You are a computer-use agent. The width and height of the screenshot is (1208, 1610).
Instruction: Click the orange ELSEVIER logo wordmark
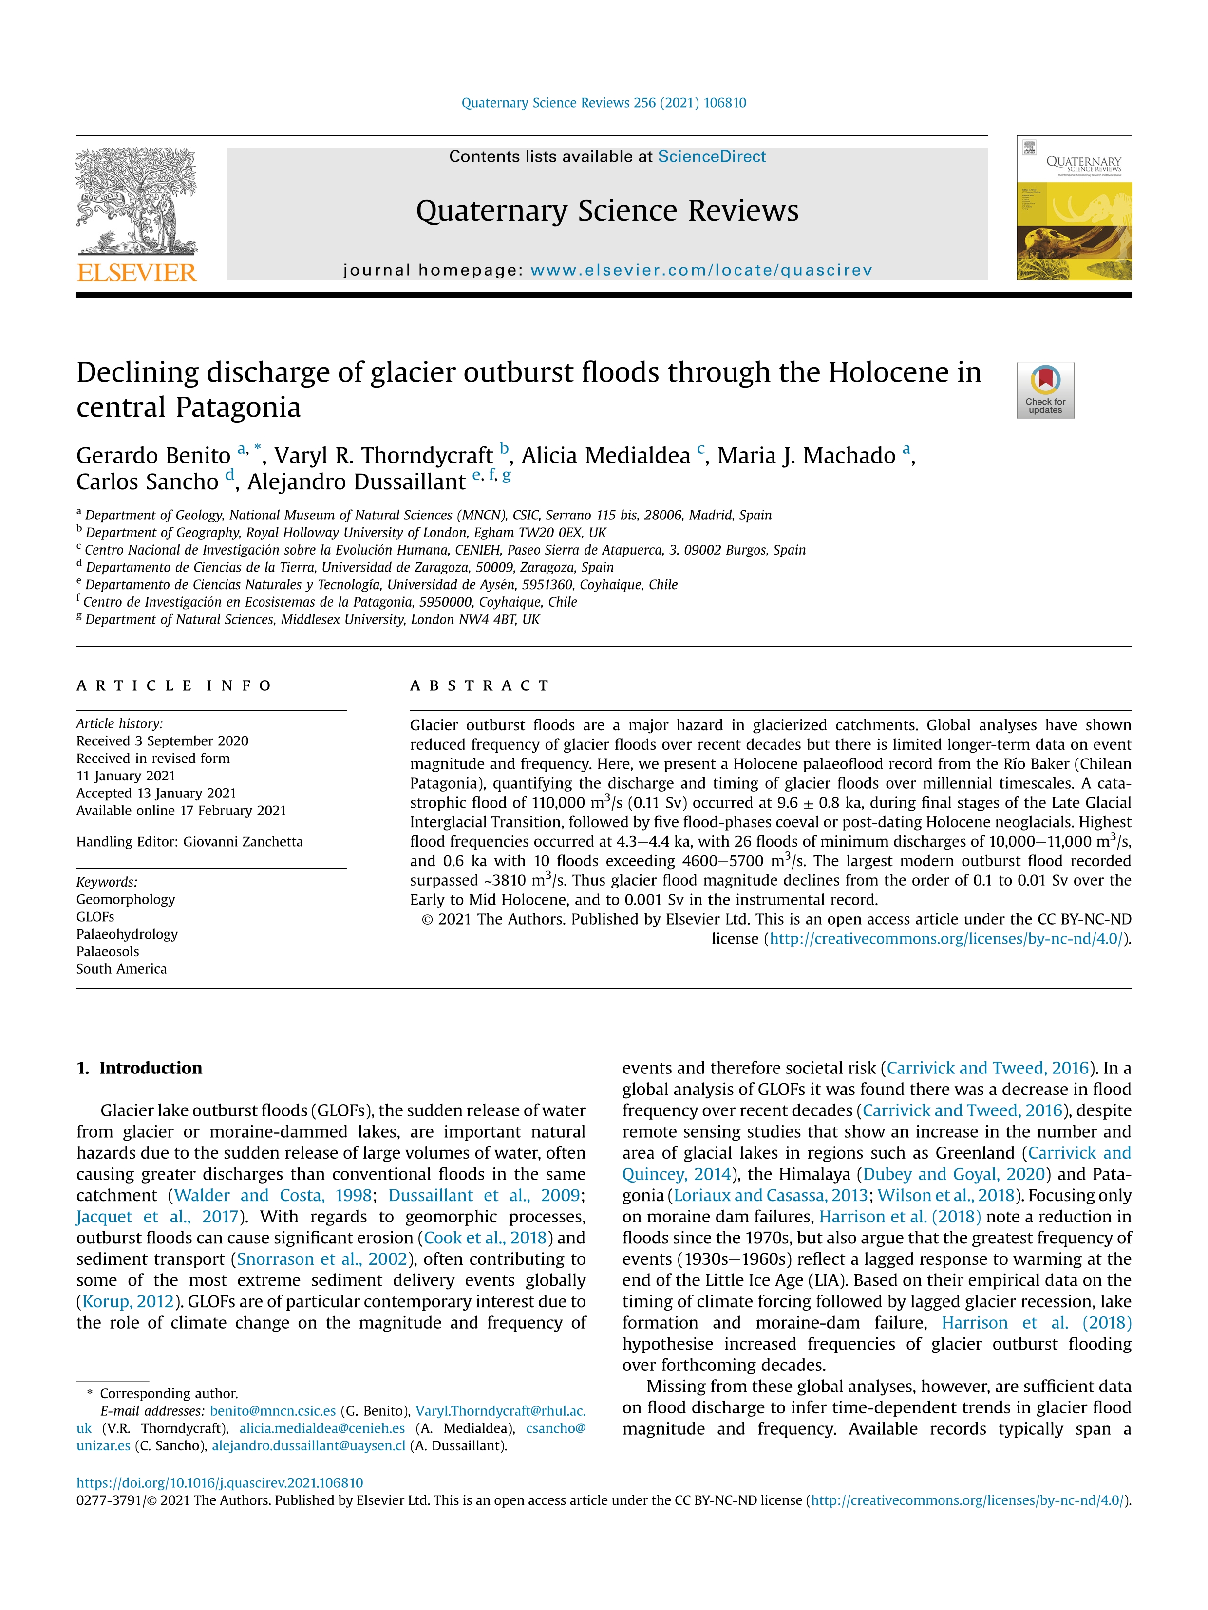point(136,273)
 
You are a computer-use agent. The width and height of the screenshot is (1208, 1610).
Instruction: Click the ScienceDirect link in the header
point(711,156)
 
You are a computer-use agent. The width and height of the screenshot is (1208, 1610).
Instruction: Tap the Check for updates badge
point(1045,390)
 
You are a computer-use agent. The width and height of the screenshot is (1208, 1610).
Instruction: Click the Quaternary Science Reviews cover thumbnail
point(1074,208)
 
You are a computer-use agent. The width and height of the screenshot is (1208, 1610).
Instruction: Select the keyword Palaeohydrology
point(127,934)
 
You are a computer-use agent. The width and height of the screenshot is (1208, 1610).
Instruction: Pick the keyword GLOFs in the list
point(95,916)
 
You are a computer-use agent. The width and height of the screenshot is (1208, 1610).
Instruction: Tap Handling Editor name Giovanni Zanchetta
point(243,841)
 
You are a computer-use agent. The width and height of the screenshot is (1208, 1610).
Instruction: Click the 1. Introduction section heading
point(139,1068)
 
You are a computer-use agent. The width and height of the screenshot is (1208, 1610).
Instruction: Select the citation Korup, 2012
point(128,1301)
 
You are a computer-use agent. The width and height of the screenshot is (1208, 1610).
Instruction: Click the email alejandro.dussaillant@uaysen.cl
point(308,1445)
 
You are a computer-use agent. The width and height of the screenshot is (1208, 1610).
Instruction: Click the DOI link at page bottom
point(219,1482)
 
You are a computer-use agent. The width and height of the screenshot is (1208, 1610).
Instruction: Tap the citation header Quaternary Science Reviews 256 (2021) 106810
point(604,103)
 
